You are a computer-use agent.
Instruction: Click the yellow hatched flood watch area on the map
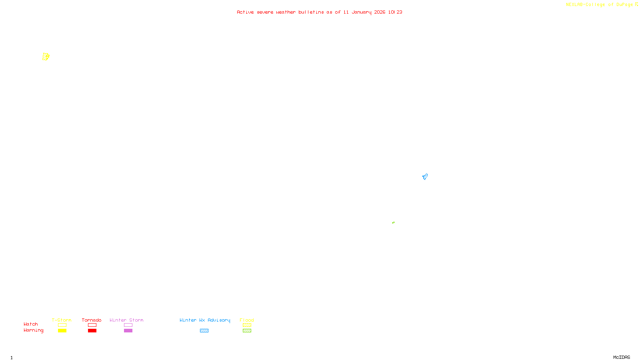(46, 57)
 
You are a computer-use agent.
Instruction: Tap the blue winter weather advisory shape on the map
(425, 176)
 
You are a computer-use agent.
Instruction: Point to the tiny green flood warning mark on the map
(393, 222)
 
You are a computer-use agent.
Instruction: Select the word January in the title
(361, 12)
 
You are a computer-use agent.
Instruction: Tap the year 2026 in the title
(380, 12)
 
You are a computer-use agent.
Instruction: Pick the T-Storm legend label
(62, 320)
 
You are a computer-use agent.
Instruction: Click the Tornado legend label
(92, 320)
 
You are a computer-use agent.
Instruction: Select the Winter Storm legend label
(126, 320)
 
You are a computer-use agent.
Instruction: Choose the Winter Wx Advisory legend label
(205, 320)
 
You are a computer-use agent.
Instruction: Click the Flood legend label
(247, 320)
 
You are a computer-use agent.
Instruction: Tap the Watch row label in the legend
(31, 324)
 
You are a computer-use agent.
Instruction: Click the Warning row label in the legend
(33, 330)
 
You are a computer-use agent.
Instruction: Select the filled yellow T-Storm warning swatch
(62, 331)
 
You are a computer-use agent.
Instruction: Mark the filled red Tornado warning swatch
(92, 331)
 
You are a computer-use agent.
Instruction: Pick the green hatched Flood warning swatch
(247, 331)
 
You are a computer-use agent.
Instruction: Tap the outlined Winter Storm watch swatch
(128, 325)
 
